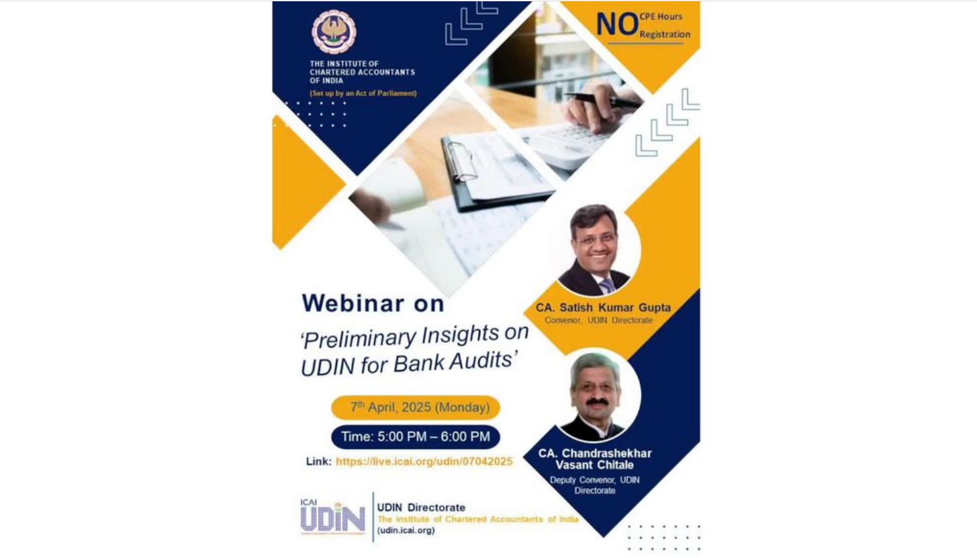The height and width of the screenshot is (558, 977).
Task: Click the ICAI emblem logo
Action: [334, 32]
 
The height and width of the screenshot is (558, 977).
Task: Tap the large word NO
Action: [617, 24]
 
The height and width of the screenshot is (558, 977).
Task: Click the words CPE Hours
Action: [661, 16]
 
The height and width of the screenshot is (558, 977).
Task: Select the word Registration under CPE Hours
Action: [665, 34]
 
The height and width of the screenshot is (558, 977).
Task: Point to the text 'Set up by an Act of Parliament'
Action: [363, 93]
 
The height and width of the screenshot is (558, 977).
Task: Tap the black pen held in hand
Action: [603, 100]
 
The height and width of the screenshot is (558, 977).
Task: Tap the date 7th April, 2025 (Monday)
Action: [416, 408]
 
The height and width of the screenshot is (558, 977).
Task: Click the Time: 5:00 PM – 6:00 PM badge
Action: [416, 437]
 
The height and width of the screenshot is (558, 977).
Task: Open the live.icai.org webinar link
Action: [424, 462]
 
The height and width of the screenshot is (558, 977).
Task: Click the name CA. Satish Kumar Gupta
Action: [603, 308]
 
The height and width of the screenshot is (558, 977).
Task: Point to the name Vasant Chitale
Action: [595, 465]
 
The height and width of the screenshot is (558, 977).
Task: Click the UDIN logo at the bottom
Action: [333, 517]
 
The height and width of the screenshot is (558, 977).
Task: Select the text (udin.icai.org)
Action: [406, 531]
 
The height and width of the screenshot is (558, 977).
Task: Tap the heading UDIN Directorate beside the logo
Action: [421, 508]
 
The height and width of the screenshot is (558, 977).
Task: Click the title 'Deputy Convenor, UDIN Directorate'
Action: [595, 485]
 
